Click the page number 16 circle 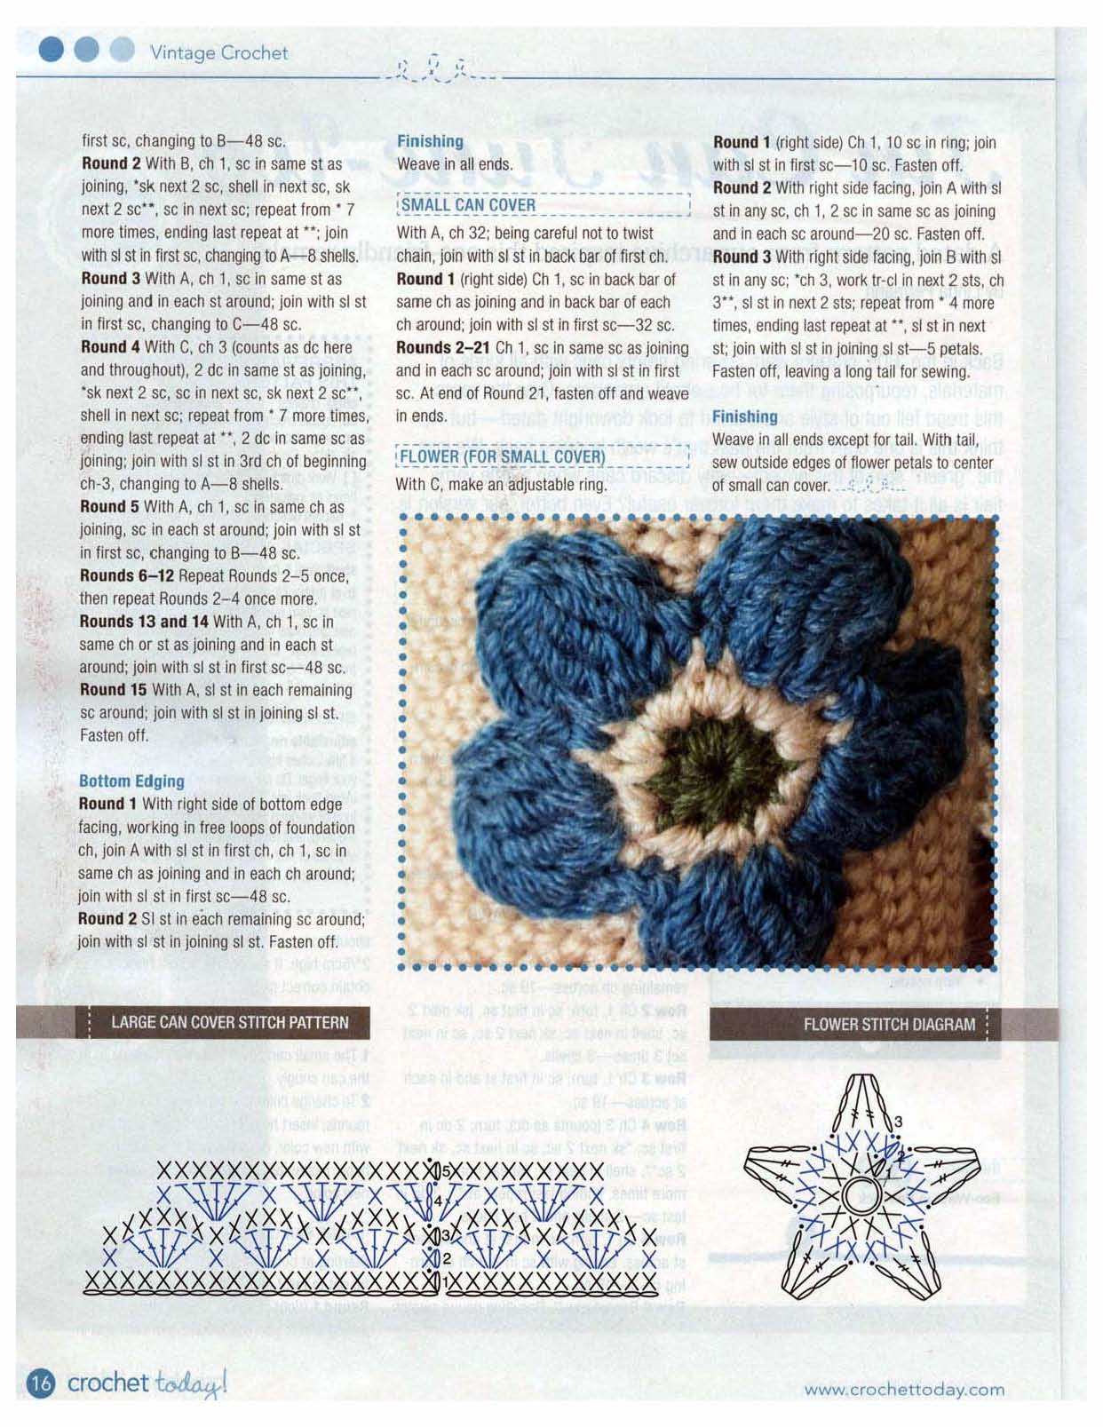pyautogui.click(x=41, y=1383)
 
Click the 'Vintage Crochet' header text pyautogui.click(x=218, y=52)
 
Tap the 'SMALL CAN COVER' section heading pyautogui.click(x=468, y=205)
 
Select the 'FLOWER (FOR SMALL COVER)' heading pyautogui.click(x=502, y=457)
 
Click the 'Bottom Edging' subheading pyautogui.click(x=131, y=781)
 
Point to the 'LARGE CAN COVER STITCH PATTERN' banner pyautogui.click(x=229, y=1022)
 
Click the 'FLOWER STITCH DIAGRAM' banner pyautogui.click(x=888, y=1025)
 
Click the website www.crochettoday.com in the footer pyautogui.click(x=904, y=1389)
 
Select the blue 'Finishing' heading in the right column pyautogui.click(x=744, y=417)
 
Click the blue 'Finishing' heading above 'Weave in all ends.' pyautogui.click(x=430, y=141)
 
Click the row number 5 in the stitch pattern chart pyautogui.click(x=446, y=1171)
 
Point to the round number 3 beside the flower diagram pyautogui.click(x=898, y=1122)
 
